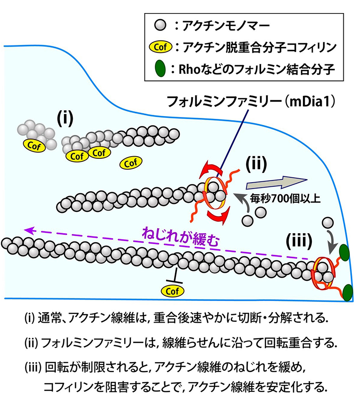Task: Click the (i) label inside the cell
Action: [x=65, y=118]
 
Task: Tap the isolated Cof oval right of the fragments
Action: [x=131, y=162]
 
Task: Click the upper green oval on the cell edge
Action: [x=345, y=252]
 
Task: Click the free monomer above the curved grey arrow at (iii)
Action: [x=328, y=223]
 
